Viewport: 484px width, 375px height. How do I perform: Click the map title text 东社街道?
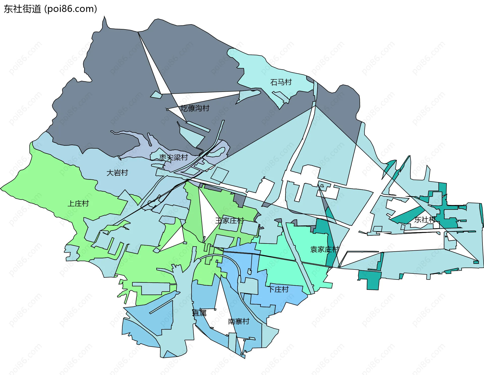coord(22,9)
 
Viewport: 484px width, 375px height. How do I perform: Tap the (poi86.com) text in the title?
coord(71,9)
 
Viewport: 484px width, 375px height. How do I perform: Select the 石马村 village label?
coord(281,82)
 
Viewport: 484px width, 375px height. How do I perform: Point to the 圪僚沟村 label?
coord(195,108)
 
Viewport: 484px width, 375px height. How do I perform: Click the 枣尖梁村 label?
coord(173,157)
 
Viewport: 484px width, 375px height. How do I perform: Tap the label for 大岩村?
coord(117,173)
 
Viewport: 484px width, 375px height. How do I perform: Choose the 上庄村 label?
coord(78,203)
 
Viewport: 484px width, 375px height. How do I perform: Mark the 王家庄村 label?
coord(229,221)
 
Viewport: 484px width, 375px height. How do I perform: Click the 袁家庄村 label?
coord(324,249)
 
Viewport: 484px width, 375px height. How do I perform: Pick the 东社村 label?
coord(425,220)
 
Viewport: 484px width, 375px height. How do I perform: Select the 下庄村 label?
coord(279,289)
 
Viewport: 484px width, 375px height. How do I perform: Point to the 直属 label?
coord(199,313)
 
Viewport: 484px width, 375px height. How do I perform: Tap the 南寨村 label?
coord(238,322)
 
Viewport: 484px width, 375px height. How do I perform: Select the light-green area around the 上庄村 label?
coord(50,181)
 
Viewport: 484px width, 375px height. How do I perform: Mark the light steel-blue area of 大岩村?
coord(106,161)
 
